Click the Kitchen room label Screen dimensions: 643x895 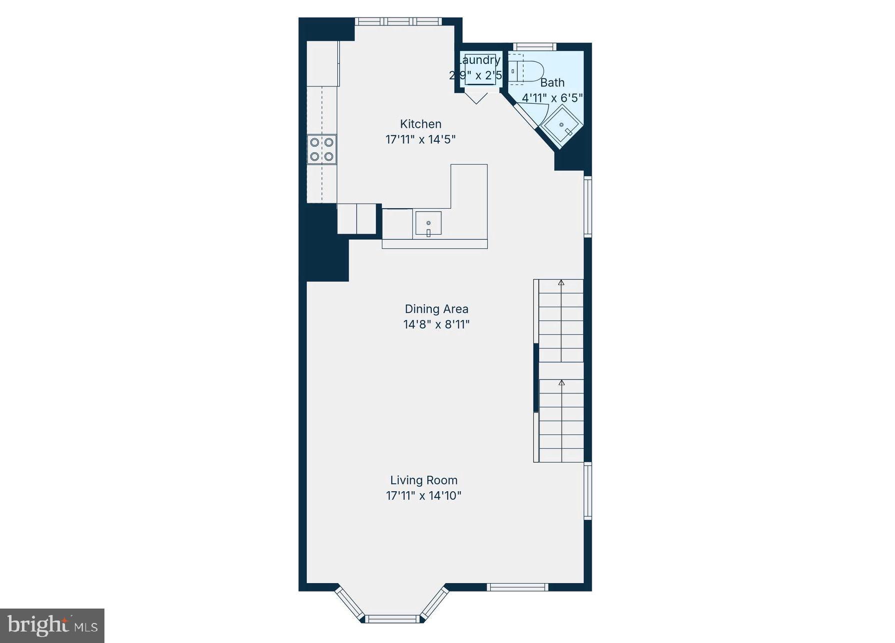420,124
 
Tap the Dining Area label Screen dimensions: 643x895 436,309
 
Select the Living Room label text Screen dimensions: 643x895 424,480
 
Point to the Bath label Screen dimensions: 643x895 552,82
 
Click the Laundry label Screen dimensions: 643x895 479,60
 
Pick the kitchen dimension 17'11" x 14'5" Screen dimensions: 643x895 420,139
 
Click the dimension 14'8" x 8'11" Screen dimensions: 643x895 436,324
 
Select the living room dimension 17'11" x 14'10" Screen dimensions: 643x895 424,496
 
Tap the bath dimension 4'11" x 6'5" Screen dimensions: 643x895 552,98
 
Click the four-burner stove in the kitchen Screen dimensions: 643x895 321,149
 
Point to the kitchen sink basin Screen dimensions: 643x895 428,223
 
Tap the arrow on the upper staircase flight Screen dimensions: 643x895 561,283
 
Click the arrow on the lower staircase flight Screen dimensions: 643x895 561,383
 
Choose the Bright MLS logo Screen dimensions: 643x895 52,625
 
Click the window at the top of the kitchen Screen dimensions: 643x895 398,21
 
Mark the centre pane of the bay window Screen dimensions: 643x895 392,619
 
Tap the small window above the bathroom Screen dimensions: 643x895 534,47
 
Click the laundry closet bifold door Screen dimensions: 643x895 476,97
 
